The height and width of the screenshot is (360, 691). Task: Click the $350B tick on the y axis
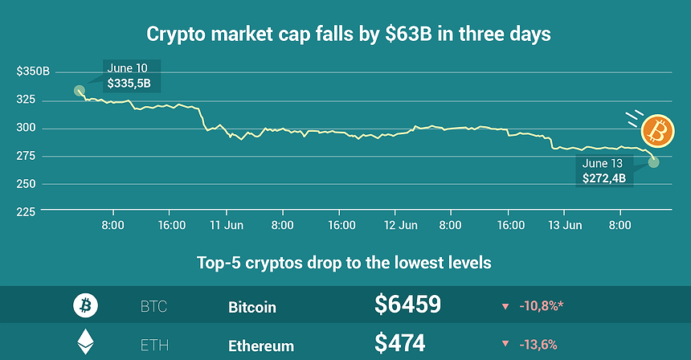click(x=33, y=72)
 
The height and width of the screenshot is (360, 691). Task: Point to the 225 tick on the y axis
click(x=27, y=211)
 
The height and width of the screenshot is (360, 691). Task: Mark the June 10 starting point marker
click(x=80, y=91)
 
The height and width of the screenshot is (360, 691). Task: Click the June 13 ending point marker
click(x=653, y=162)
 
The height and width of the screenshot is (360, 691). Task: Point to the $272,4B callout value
click(x=604, y=177)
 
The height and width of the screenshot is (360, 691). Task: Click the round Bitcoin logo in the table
click(x=85, y=305)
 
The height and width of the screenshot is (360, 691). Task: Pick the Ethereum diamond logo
click(x=84, y=344)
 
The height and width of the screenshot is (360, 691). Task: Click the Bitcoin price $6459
click(x=407, y=305)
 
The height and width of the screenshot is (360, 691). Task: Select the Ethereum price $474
click(x=399, y=344)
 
